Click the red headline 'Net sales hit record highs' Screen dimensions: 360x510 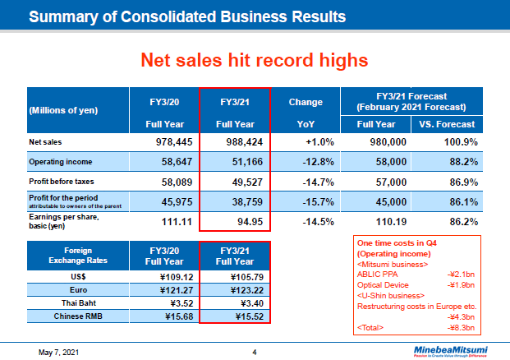254,60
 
